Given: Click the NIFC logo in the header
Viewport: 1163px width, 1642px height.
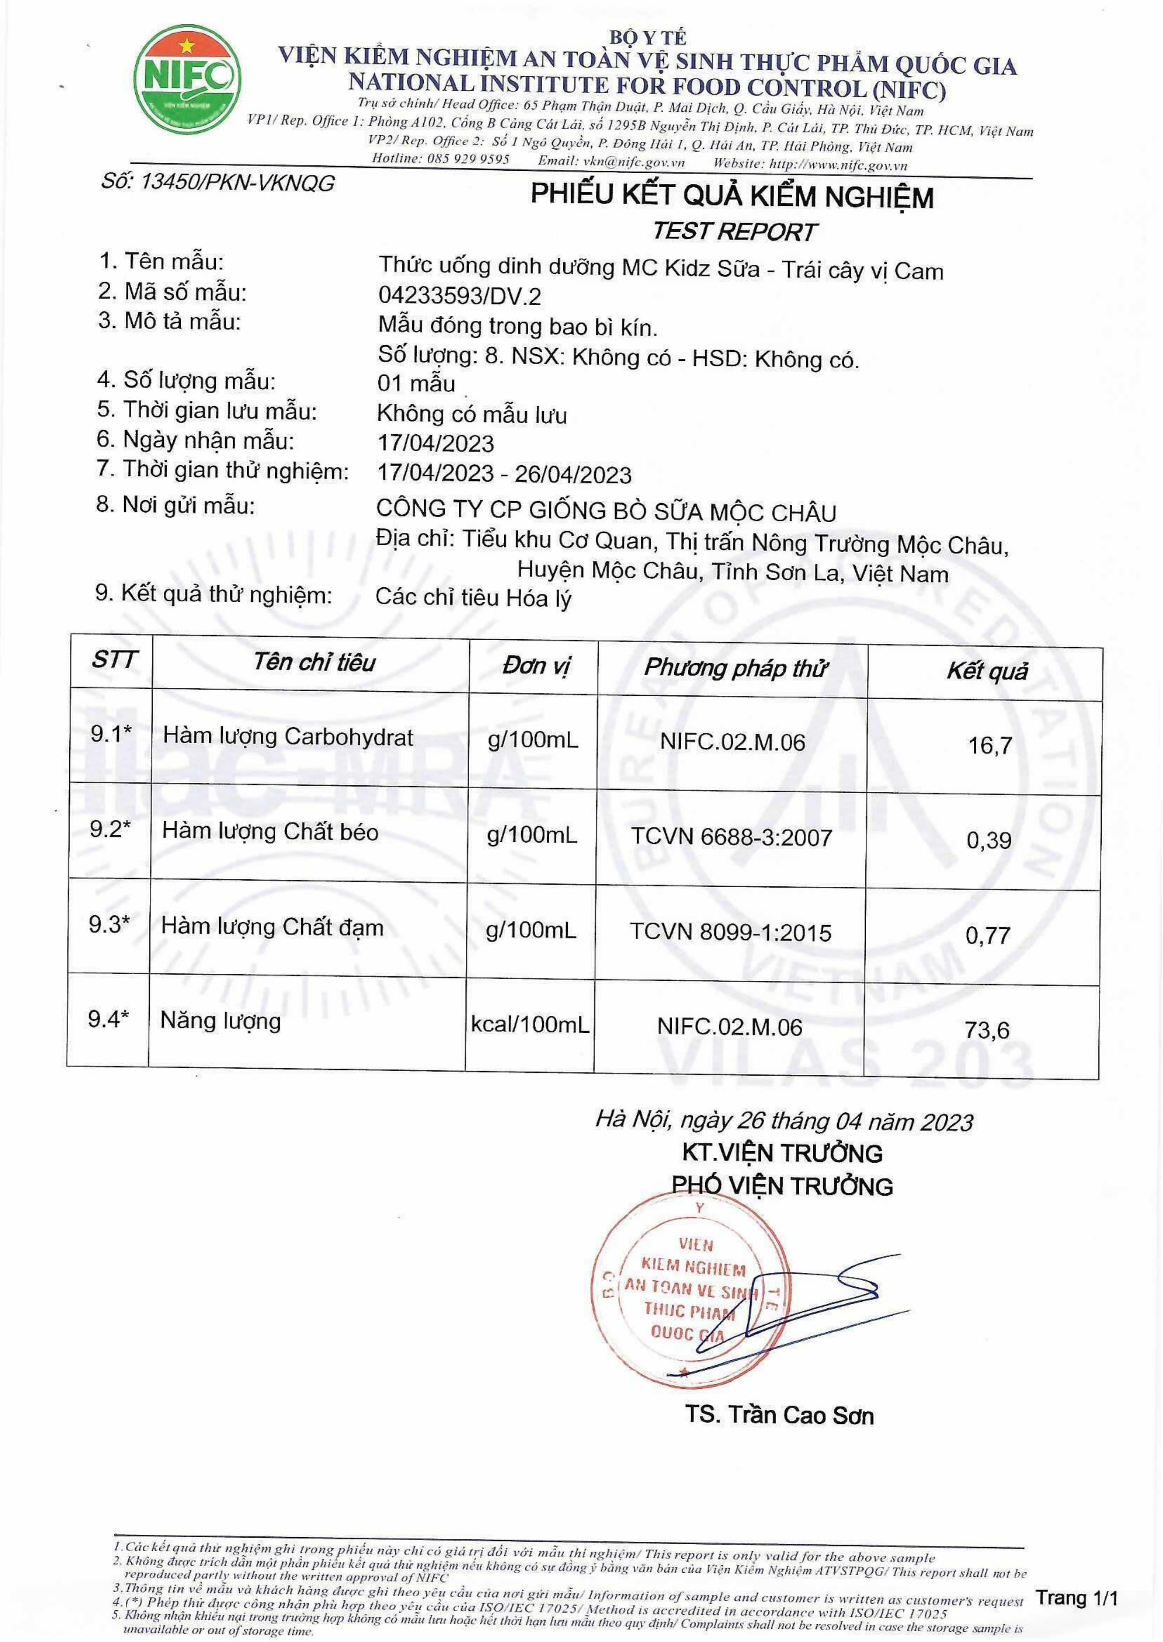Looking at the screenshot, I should [188, 80].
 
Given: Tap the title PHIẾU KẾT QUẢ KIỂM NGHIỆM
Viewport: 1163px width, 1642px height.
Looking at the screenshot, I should [731, 196].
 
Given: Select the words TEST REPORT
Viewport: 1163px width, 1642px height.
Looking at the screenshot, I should [734, 231].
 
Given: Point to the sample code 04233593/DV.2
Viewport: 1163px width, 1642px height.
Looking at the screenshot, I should [459, 296].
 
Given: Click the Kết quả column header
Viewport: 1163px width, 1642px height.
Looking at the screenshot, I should [987, 671].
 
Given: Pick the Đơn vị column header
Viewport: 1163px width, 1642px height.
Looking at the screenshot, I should [537, 666].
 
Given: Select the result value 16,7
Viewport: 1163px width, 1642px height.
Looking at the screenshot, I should [990, 745].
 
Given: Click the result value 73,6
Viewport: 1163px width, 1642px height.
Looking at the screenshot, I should [987, 1030].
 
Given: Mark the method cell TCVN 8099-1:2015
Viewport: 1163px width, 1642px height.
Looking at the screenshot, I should [730, 932].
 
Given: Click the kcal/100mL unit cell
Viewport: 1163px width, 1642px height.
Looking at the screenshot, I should [530, 1024].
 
